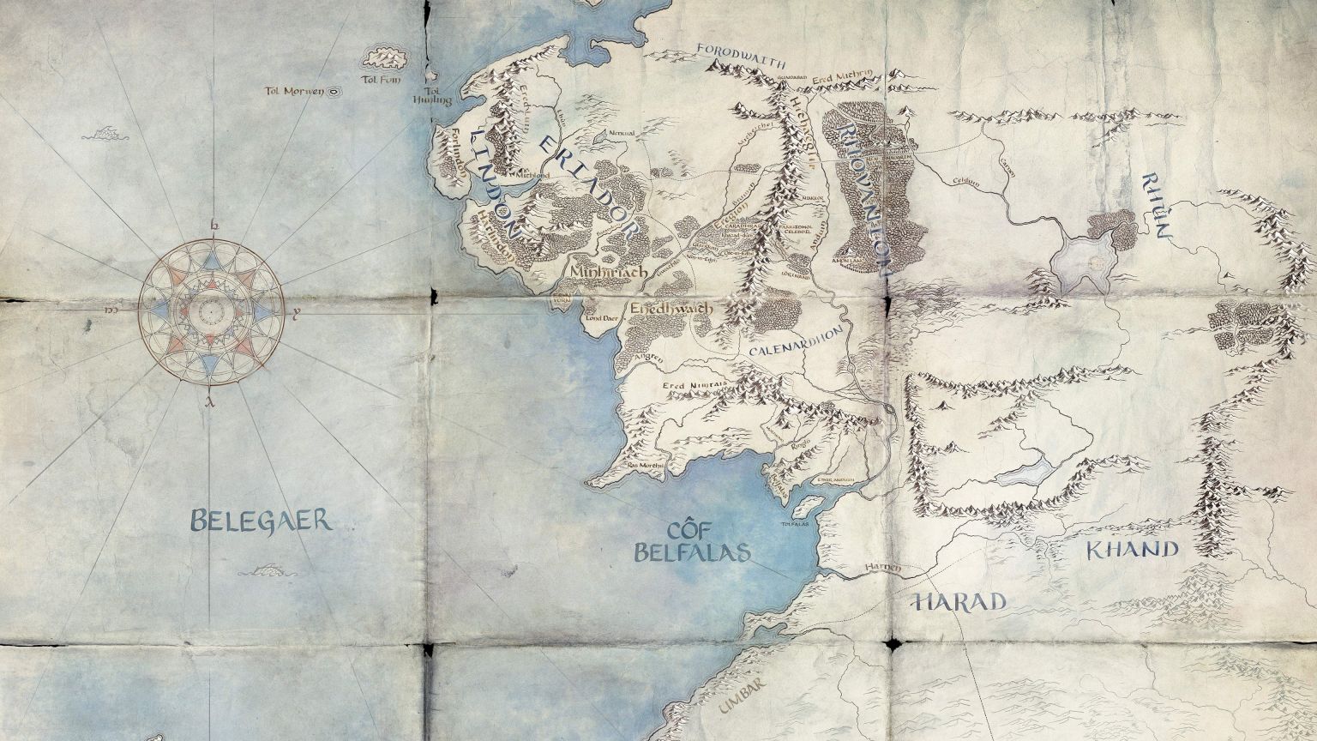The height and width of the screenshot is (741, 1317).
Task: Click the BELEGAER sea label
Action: coord(261,520)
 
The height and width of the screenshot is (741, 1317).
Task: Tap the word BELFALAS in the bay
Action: coord(692,551)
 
